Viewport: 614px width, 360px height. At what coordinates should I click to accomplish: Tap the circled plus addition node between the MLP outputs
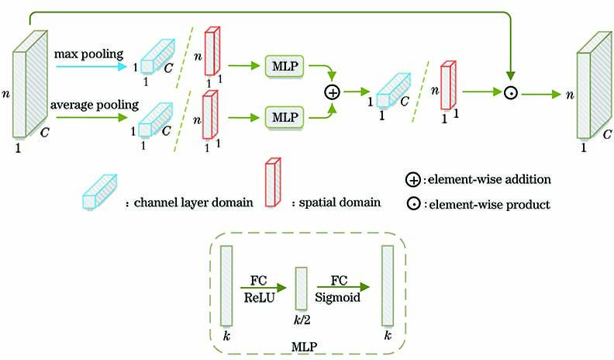(x=332, y=92)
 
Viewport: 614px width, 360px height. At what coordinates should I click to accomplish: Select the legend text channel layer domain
(x=192, y=202)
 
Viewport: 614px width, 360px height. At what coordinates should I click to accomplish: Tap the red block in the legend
(x=273, y=182)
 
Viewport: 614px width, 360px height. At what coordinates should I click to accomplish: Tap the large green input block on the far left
(x=29, y=91)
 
